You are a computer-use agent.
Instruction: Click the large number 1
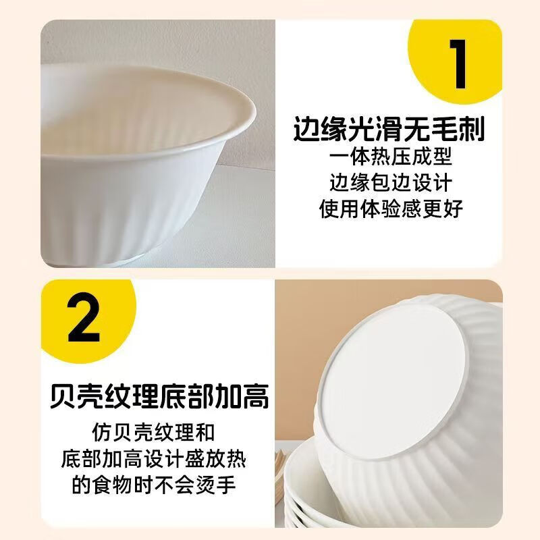coord(458,66)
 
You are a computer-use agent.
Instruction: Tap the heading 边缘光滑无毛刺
coord(390,128)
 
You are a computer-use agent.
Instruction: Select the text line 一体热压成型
coord(391,157)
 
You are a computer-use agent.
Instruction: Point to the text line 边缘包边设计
coord(391,182)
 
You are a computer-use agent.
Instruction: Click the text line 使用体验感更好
coord(391,209)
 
